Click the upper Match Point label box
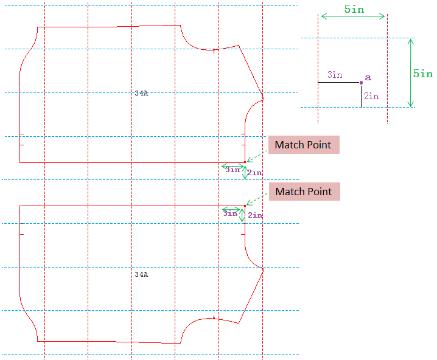tap(303, 145)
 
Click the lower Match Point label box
tap(304, 192)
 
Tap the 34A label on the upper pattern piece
tap(141, 93)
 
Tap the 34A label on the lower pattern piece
tap(141, 274)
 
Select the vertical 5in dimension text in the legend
tap(423, 74)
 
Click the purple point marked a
tap(361, 82)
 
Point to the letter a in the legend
tap(368, 78)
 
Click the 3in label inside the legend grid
tap(335, 75)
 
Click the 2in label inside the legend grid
tap(371, 96)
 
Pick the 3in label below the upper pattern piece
tap(232, 170)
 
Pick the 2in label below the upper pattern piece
tap(254, 173)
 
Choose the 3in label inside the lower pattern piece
tap(230, 213)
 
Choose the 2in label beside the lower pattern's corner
tap(255, 215)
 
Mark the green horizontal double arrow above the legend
tap(353, 17)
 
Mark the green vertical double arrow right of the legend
tap(411, 73)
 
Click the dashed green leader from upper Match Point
tap(257, 154)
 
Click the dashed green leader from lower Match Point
tap(257, 199)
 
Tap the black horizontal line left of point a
tap(339, 82)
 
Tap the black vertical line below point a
tap(361, 95)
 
